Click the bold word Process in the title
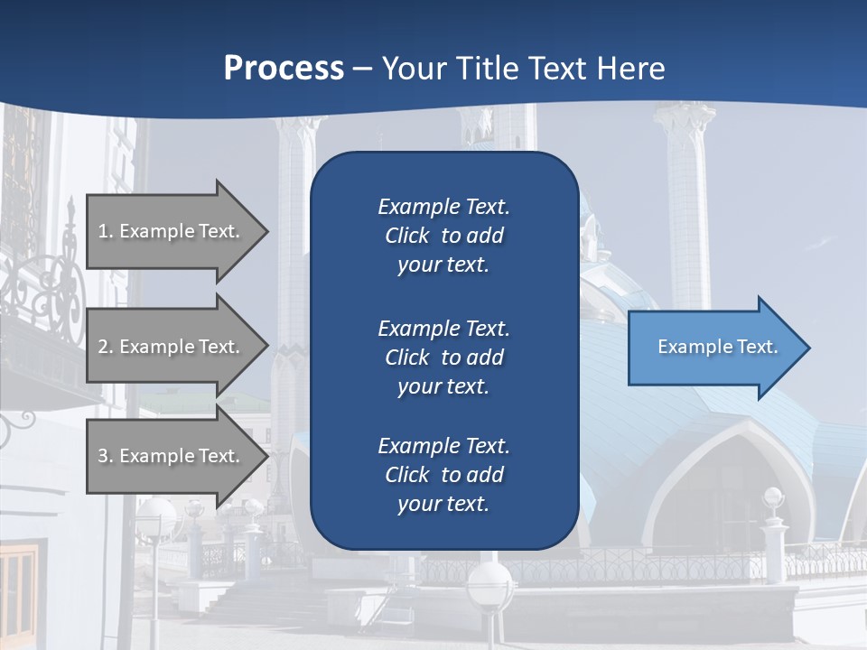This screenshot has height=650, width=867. (x=284, y=69)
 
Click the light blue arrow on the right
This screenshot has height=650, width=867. (x=713, y=348)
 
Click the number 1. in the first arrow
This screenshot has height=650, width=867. (x=105, y=231)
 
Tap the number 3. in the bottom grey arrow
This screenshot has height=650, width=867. (x=105, y=456)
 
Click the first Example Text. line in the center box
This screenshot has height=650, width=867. (x=443, y=207)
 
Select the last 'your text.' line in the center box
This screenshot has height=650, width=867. (x=443, y=504)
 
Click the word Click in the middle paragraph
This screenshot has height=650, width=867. (x=406, y=357)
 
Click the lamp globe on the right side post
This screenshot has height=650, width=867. (x=773, y=497)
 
